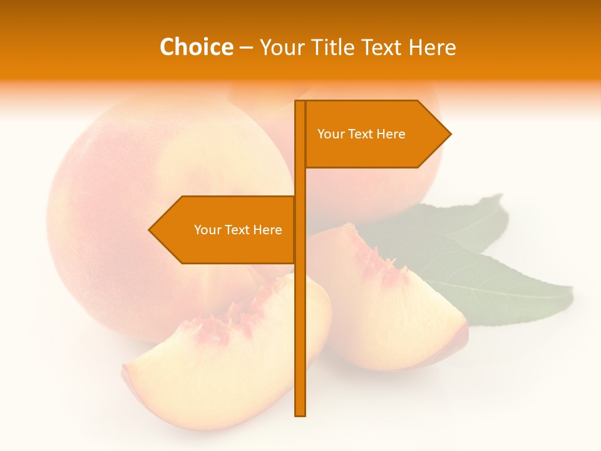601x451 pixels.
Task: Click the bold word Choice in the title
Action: (x=196, y=47)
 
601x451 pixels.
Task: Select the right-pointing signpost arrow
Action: (x=376, y=134)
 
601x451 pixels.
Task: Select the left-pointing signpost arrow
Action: (x=223, y=230)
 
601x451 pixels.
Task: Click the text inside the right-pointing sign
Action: (x=361, y=134)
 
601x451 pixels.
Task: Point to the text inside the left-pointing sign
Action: (x=238, y=230)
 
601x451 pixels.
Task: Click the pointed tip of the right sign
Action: (x=449, y=134)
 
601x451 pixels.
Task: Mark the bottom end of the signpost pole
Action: (x=300, y=413)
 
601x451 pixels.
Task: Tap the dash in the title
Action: (x=246, y=48)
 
